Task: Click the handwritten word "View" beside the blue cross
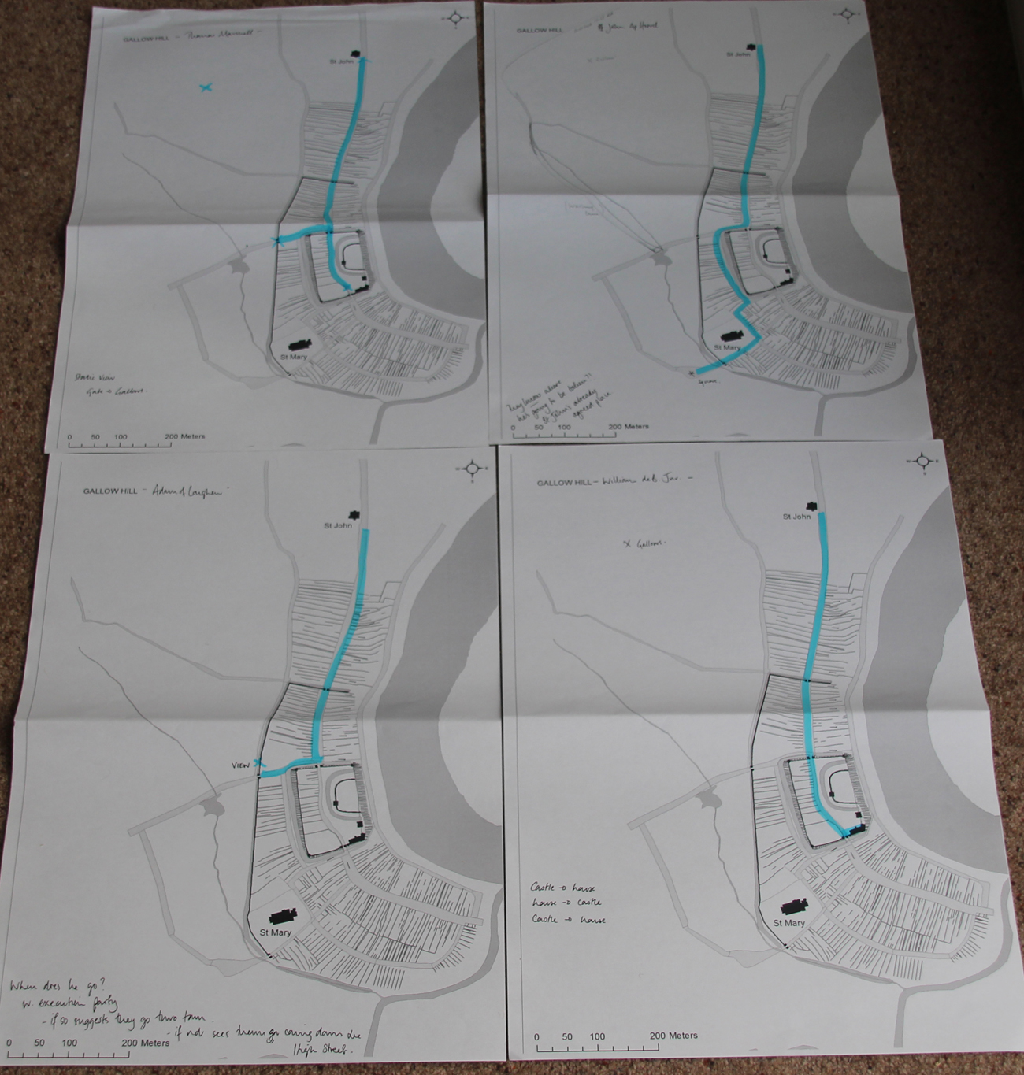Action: (x=240, y=765)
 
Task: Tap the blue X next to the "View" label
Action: (x=259, y=762)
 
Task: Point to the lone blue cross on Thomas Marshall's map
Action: (x=206, y=88)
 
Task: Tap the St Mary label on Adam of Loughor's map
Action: (x=276, y=932)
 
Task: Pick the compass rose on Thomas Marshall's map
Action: (x=456, y=18)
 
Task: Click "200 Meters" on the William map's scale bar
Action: (x=673, y=1036)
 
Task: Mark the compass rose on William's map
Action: (x=922, y=462)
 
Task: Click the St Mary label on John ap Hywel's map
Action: (x=727, y=347)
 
